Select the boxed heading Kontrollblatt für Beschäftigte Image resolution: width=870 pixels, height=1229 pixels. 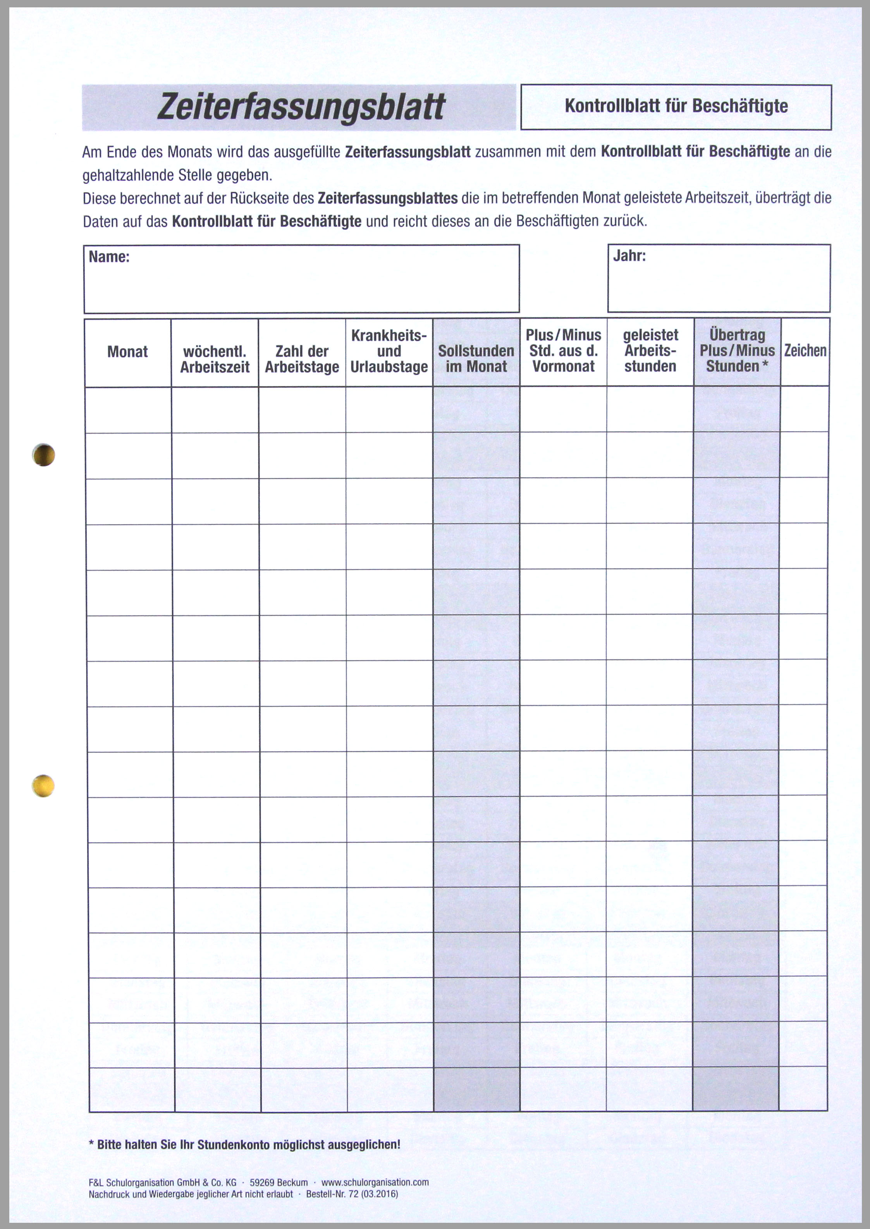point(676,106)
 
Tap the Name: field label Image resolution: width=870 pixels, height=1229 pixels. point(109,257)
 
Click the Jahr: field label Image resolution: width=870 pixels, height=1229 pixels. point(629,256)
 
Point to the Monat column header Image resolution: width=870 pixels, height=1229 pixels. point(127,352)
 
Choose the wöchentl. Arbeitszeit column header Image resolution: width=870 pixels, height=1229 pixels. point(215,360)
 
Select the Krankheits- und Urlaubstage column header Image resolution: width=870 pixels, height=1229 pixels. point(389,351)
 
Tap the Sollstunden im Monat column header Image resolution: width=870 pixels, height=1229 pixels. point(476,359)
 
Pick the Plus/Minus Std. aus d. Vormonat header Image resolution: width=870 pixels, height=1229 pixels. point(563,351)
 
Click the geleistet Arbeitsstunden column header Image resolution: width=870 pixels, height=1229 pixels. point(650,351)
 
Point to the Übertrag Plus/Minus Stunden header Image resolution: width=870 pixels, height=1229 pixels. point(737,351)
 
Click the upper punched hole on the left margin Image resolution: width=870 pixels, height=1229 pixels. point(44,455)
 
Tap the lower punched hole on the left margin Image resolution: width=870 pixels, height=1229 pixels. point(43,786)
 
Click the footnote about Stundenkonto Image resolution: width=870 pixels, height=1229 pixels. point(244,1145)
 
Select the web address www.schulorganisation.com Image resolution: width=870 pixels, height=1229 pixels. point(375,1183)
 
